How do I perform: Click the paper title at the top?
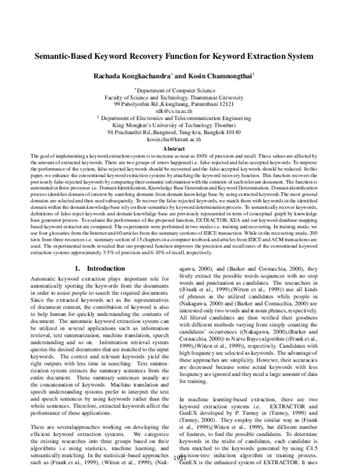pos(179,56)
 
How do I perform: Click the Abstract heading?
pos(179,148)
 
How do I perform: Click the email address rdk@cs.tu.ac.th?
pos(180,111)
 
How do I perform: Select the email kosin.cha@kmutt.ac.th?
pos(180,139)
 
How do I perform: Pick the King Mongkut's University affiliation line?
pos(180,126)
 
